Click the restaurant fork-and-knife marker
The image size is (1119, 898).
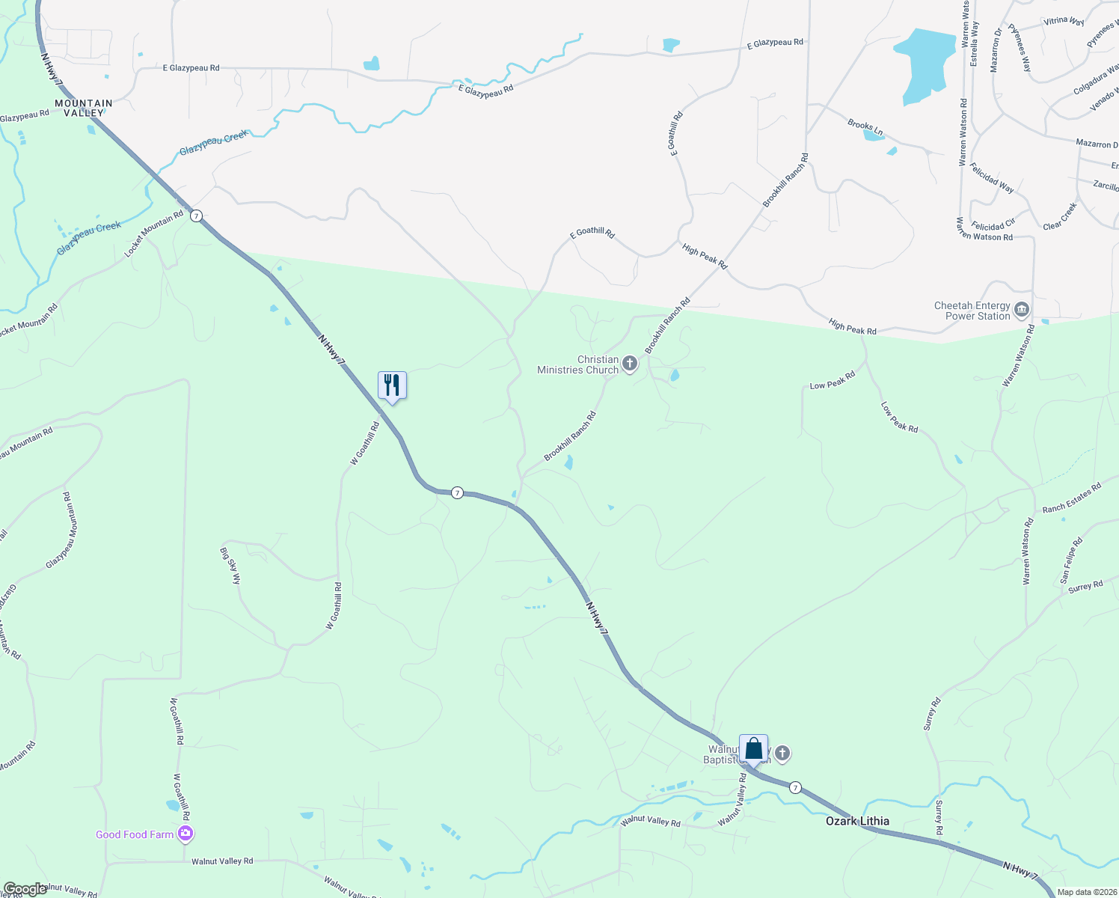[392, 386]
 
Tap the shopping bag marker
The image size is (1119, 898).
[753, 749]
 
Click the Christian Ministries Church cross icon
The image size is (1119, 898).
[630, 364]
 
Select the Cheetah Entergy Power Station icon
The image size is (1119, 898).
[1022, 311]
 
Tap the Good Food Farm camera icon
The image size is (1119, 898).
[186, 834]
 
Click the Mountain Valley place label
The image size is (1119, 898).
[84, 108]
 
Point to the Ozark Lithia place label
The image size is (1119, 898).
[857, 821]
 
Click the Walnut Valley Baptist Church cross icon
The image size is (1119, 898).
[782, 754]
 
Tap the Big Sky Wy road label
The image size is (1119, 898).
[231, 565]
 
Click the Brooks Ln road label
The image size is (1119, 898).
[865, 128]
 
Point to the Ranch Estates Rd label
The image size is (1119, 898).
[1072, 498]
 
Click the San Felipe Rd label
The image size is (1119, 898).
[1070, 561]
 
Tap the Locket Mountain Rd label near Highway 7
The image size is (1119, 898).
[153, 234]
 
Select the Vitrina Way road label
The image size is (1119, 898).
[1064, 22]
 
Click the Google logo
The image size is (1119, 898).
[25, 889]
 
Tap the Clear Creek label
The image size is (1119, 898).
[1060, 216]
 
